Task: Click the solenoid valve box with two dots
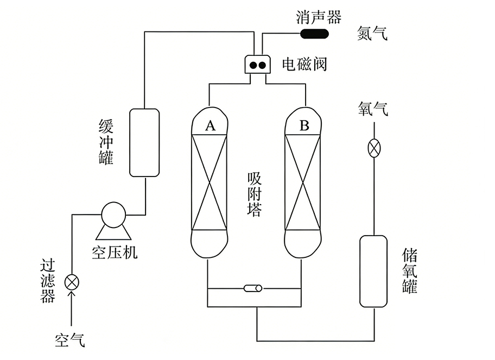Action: click(258, 65)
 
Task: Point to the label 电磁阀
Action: click(304, 65)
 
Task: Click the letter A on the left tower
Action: click(210, 126)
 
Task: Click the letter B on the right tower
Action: click(304, 126)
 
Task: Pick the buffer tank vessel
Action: click(144, 142)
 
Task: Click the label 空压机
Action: click(115, 252)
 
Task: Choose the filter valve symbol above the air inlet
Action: click(72, 282)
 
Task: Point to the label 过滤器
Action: click(48, 281)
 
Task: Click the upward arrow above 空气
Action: click(72, 296)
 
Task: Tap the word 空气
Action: click(70, 340)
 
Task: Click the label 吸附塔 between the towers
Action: click(254, 194)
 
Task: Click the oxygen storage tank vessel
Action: click(373, 270)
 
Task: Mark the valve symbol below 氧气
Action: click(374, 148)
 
